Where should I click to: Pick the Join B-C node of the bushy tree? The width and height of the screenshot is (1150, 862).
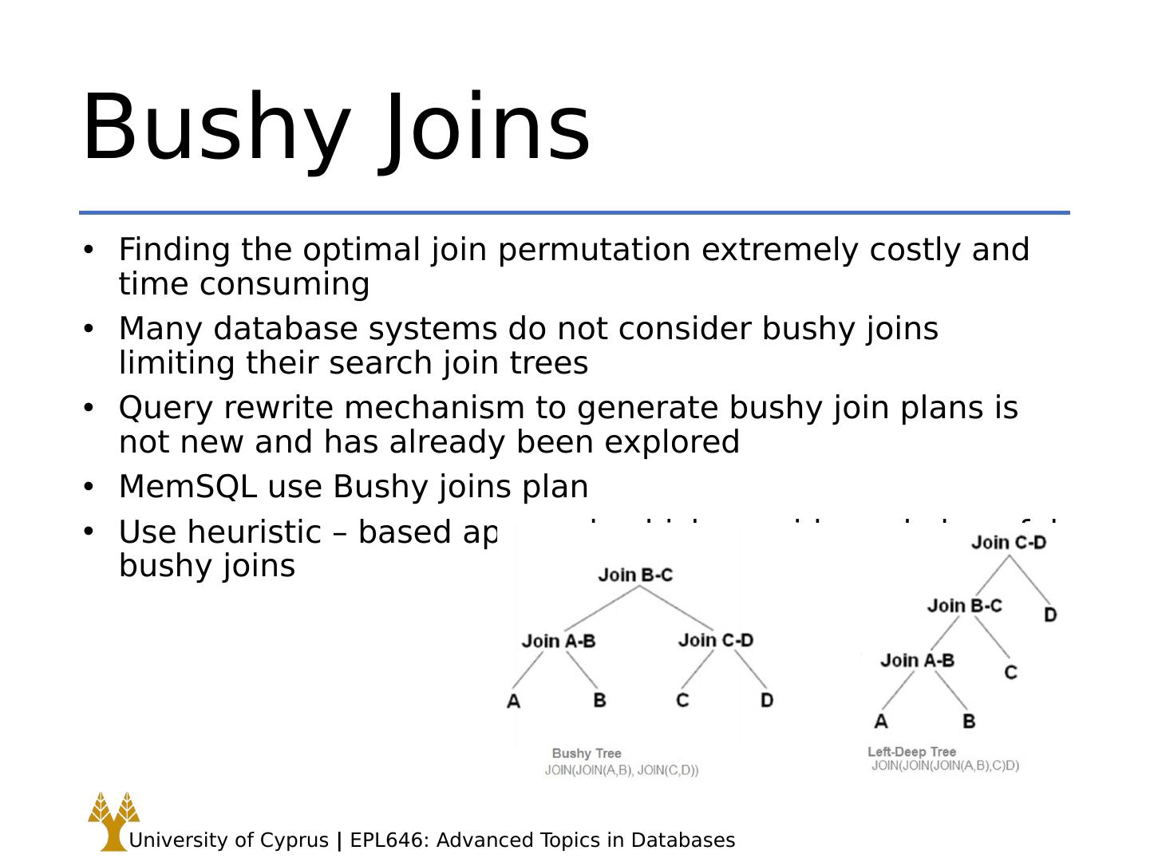[x=635, y=575]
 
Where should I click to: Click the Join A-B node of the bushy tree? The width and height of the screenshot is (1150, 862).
[x=559, y=641]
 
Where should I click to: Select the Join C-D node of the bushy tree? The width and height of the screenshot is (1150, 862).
[x=716, y=640]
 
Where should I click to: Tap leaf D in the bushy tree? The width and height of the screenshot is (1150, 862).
[x=767, y=700]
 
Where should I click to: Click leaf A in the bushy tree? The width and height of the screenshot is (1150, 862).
[x=513, y=701]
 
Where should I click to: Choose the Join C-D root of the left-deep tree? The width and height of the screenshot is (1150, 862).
[x=1009, y=543]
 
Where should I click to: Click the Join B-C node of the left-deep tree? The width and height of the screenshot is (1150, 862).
[x=964, y=606]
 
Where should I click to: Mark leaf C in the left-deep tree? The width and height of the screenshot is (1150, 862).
[x=1010, y=672]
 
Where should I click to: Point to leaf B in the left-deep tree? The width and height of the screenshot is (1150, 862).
[x=969, y=721]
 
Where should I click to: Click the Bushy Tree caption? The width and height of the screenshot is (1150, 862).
[x=587, y=753]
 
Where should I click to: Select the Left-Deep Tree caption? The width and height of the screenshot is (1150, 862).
[x=911, y=752]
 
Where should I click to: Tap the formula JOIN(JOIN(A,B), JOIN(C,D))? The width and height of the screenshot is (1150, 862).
[x=622, y=770]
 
